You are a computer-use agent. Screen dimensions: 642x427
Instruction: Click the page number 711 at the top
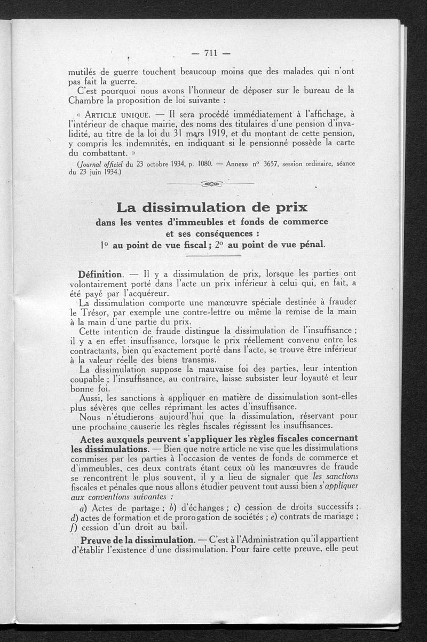[212, 52]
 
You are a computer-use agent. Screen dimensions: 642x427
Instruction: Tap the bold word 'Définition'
[101, 274]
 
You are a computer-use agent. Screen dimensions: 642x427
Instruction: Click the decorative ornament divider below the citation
[211, 184]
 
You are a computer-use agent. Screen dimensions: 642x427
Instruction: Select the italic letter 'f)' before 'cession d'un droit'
[73, 527]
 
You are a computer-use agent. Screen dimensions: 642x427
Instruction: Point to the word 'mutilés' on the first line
[86, 72]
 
